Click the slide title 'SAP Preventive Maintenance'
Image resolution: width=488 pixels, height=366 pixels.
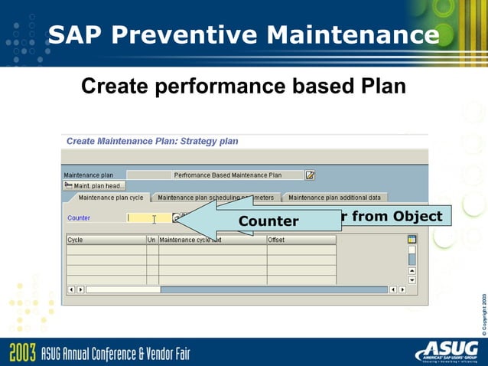[243, 34]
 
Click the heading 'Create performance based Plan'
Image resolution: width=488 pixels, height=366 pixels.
[243, 87]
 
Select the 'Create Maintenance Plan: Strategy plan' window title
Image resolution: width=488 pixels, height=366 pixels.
[152, 141]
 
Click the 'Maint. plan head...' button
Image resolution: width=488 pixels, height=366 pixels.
[95, 185]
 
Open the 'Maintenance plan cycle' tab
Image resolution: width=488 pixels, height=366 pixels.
[110, 198]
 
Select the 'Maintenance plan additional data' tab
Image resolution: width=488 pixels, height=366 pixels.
[333, 198]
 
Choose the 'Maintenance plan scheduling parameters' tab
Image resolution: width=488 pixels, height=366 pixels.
[216, 198]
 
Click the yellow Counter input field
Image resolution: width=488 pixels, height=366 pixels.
[148, 218]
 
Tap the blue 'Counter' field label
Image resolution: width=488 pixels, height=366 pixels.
[79, 218]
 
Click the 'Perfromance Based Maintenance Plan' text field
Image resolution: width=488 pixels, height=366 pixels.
[227, 175]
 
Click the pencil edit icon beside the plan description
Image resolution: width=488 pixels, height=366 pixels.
[310, 175]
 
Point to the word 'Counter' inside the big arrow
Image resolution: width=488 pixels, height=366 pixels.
[268, 221]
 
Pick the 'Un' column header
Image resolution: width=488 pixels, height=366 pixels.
[152, 240]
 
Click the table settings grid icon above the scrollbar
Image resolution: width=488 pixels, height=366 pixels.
[412, 240]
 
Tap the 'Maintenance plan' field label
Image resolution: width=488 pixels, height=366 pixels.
[89, 175]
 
